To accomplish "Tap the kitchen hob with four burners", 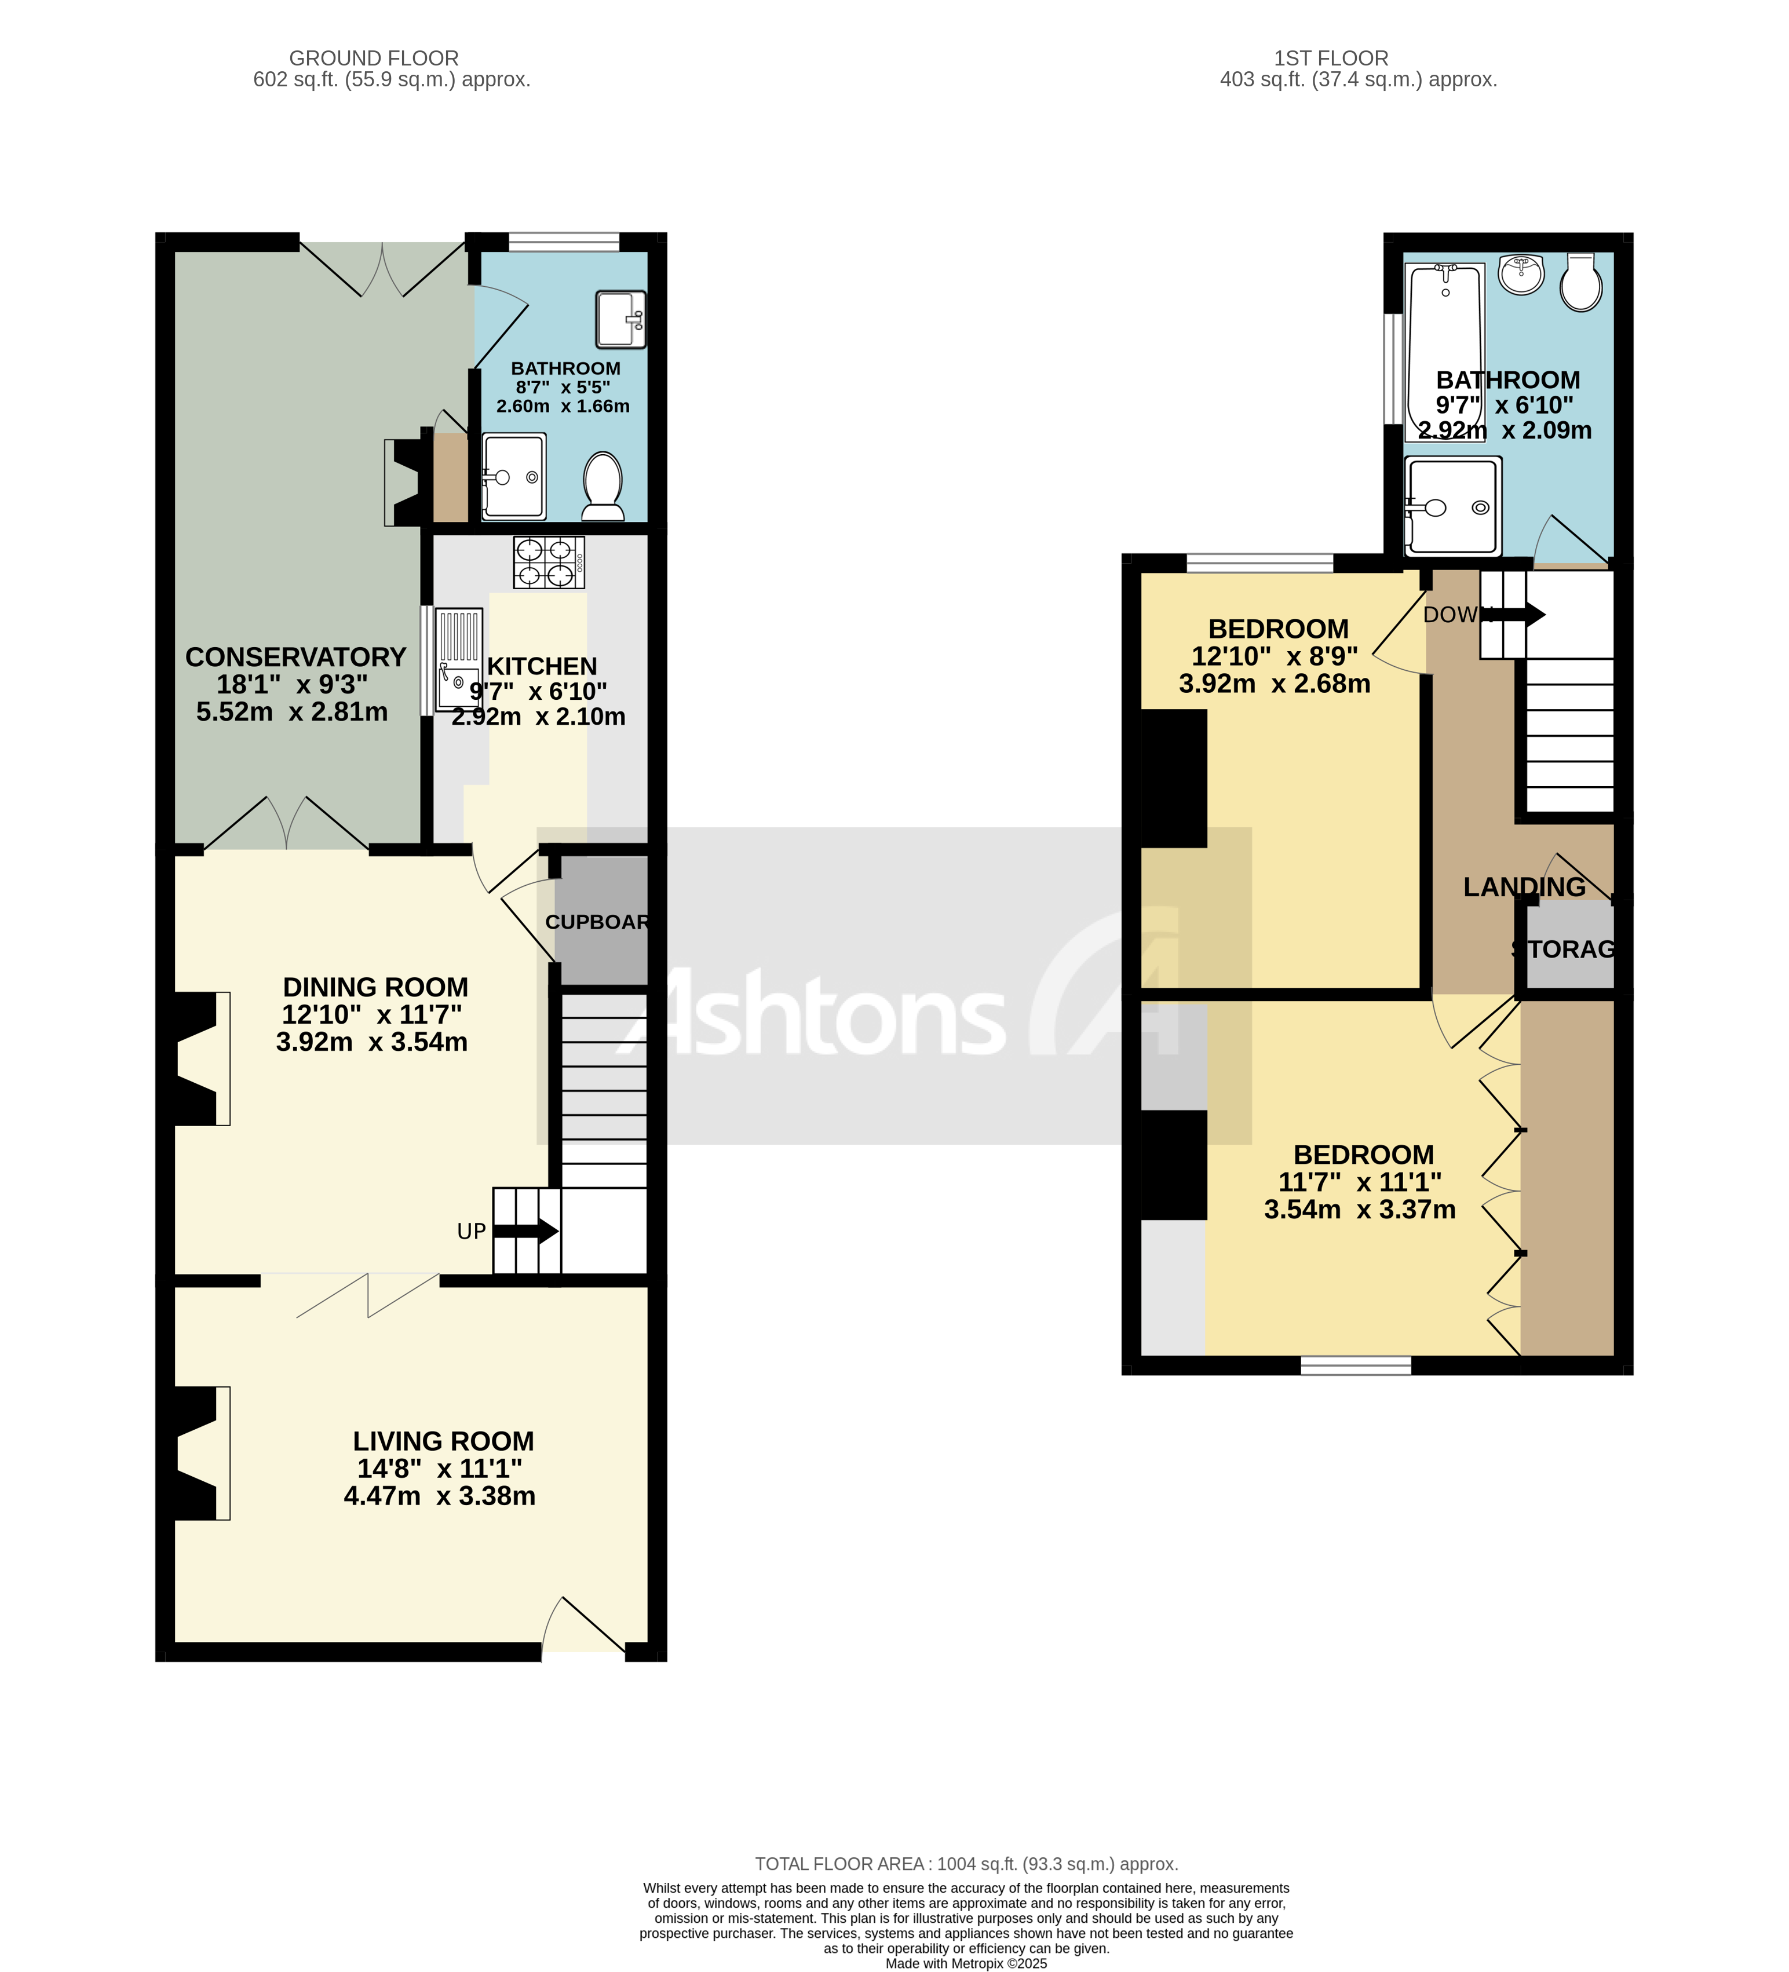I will click(x=549, y=563).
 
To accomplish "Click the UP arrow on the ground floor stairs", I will click(x=525, y=1232).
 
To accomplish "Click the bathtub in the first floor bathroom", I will click(x=1445, y=352).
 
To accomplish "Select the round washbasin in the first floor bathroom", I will click(x=1522, y=274).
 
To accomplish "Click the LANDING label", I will click(x=1524, y=886).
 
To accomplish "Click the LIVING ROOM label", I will click(x=443, y=1441).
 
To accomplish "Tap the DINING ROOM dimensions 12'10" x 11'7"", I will click(x=372, y=1014).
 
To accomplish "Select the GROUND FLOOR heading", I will click(x=374, y=58).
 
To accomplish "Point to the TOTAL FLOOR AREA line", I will click(x=965, y=1864).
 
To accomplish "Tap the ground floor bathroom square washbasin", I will click(x=620, y=319).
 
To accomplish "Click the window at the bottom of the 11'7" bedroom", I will click(x=1356, y=1365).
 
